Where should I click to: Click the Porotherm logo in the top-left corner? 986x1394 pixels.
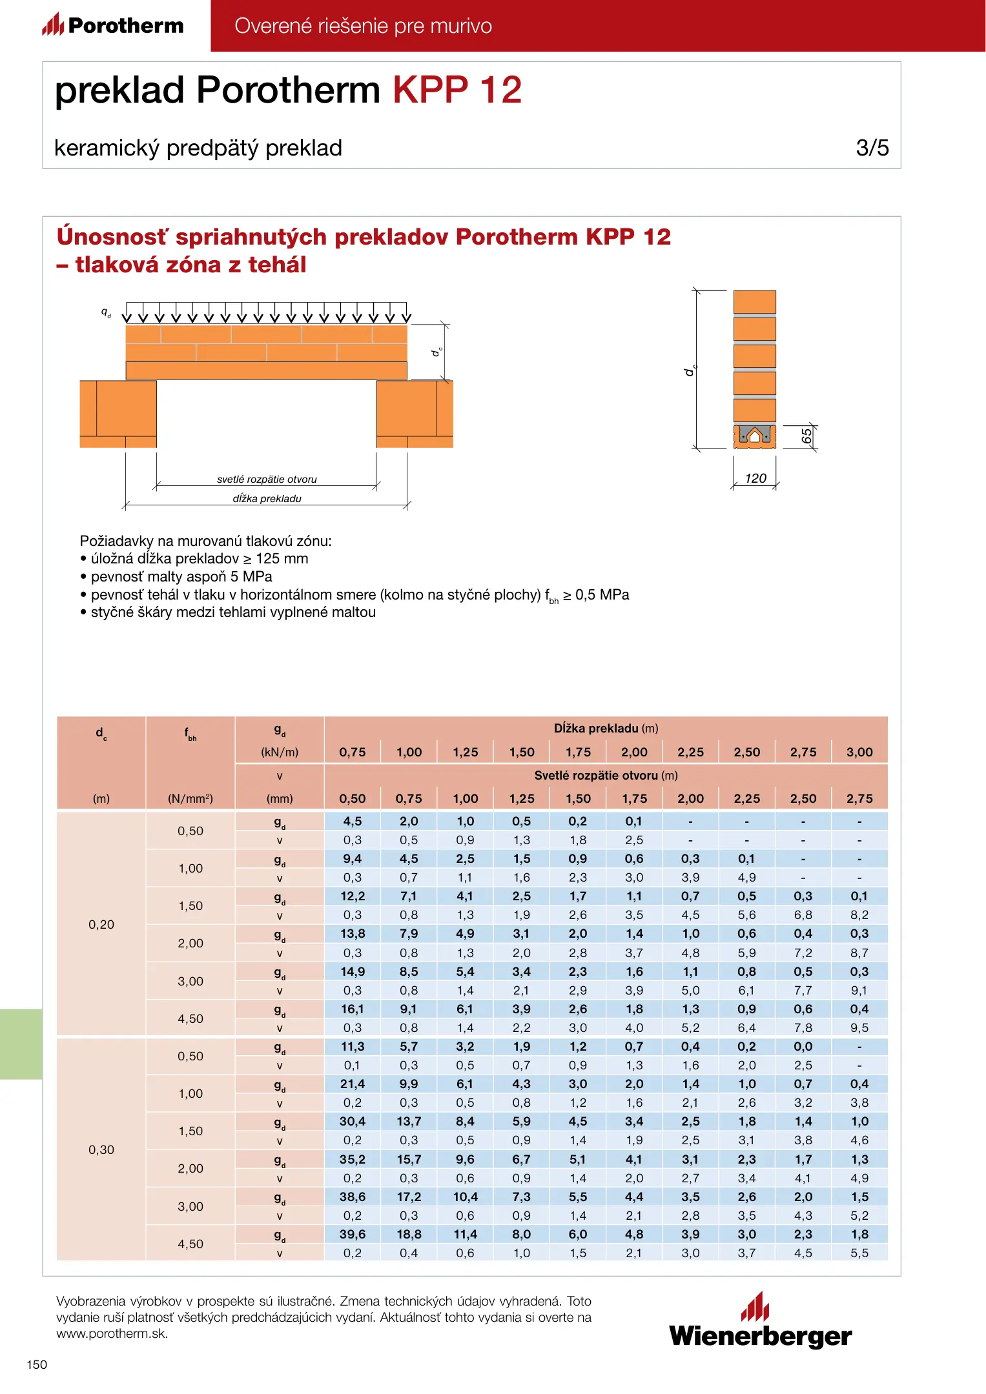click(x=113, y=25)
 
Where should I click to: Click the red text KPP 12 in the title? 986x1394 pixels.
click(x=457, y=90)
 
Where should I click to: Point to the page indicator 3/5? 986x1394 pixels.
click(x=872, y=148)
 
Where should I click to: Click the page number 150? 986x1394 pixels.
click(x=37, y=1364)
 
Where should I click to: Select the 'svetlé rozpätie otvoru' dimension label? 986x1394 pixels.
click(x=267, y=480)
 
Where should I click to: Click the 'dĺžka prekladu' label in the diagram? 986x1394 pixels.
click(x=267, y=499)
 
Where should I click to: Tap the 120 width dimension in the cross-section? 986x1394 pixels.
click(x=755, y=478)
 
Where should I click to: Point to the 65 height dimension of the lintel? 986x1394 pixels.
click(x=806, y=437)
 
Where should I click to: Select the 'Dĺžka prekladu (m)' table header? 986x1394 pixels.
click(x=606, y=729)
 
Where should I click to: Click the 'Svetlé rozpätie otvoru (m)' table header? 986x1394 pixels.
click(x=606, y=776)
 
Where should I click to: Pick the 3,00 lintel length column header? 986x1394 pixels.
click(x=859, y=753)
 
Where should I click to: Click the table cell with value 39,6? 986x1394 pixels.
click(x=353, y=1235)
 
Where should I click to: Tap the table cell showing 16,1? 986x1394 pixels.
click(x=353, y=1009)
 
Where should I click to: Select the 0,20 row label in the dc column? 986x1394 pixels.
click(x=101, y=925)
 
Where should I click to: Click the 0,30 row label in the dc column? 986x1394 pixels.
click(x=101, y=1150)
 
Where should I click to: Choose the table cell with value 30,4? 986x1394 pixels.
click(x=353, y=1122)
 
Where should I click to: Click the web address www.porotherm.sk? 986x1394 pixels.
click(x=112, y=1334)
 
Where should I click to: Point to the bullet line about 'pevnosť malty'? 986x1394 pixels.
click(x=181, y=577)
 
